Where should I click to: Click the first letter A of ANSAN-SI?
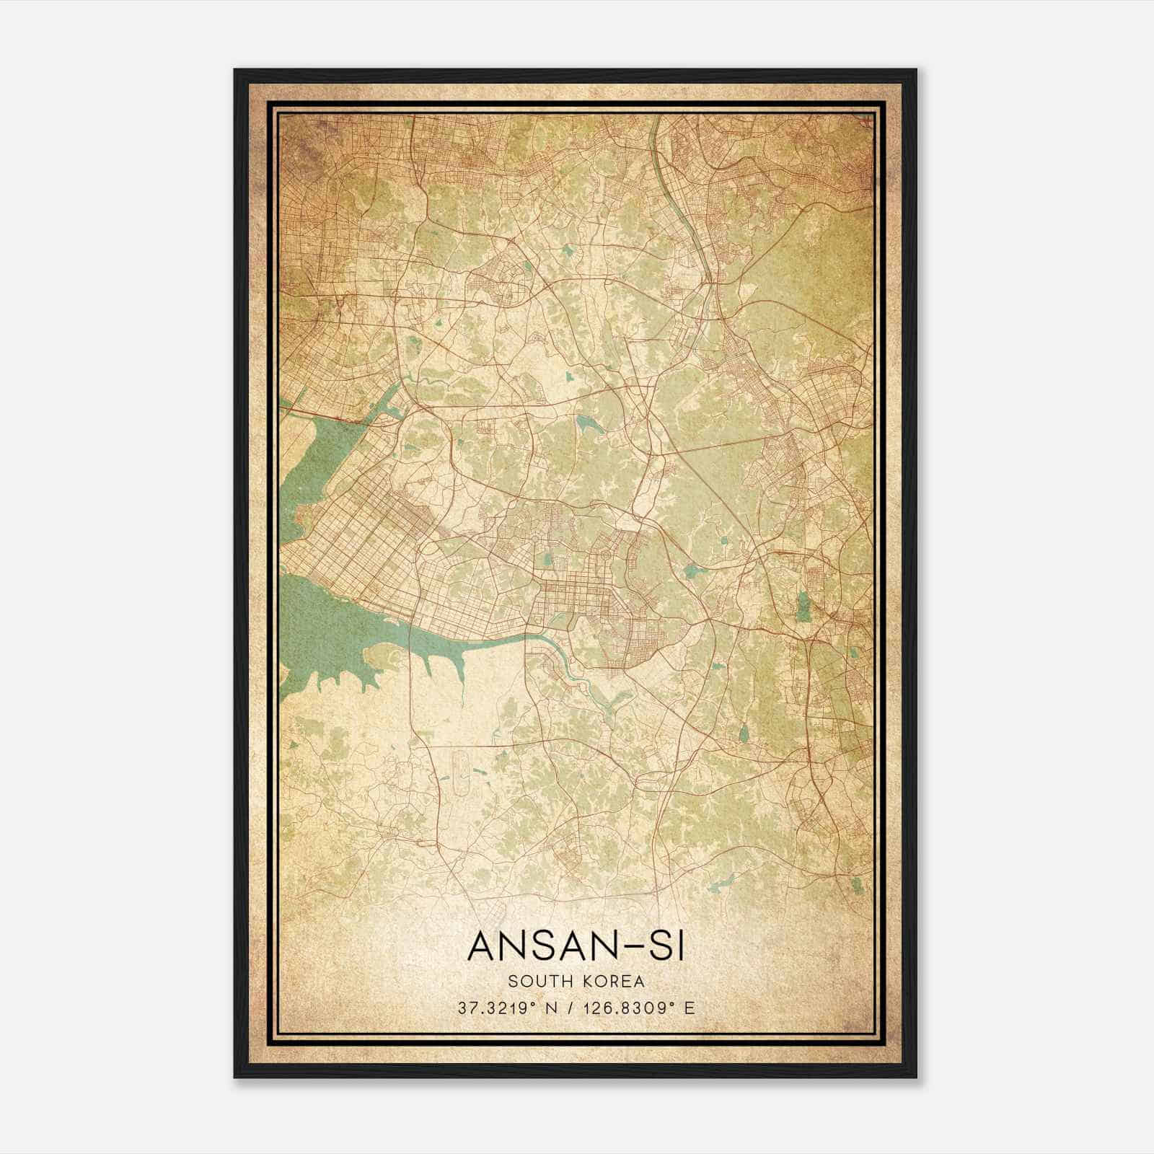(x=481, y=946)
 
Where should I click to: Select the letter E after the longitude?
(x=690, y=1008)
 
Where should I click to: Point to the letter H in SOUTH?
(x=560, y=981)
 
